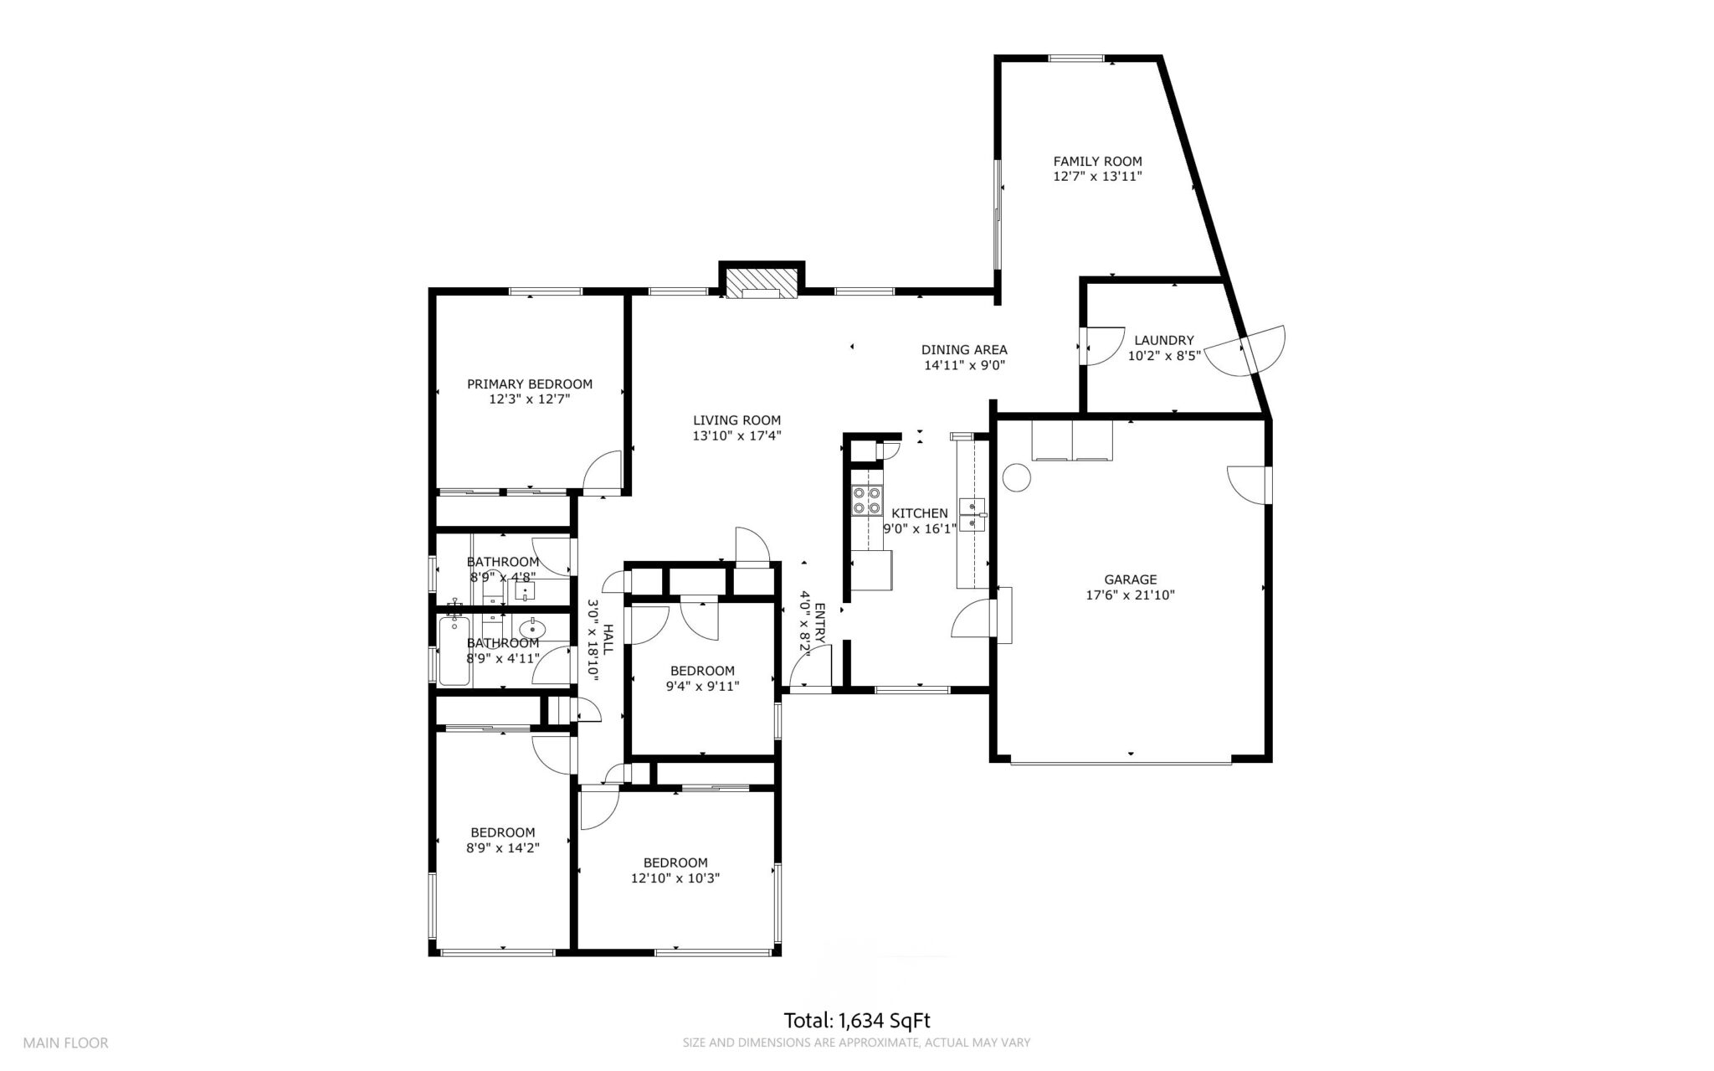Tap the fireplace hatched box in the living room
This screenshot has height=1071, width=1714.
click(761, 283)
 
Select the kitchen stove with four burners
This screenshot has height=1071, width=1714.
click(866, 500)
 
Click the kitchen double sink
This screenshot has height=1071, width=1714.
click(973, 514)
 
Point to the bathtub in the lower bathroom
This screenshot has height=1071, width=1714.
click(454, 650)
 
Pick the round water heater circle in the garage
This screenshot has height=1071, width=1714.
click(1016, 477)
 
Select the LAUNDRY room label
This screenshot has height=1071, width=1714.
click(1164, 341)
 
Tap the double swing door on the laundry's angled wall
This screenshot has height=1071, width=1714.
click(1246, 351)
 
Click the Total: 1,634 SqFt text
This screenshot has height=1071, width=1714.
click(857, 1021)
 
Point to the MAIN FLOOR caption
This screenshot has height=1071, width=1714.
click(65, 1043)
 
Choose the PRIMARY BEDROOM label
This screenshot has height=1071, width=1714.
click(530, 384)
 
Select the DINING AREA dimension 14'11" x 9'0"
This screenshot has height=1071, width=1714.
click(964, 365)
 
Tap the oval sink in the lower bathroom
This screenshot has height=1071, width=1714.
click(532, 628)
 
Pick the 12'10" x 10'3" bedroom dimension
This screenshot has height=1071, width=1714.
click(675, 878)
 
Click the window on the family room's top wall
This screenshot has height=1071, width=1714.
click(1076, 58)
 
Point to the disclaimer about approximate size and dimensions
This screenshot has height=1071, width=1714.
click(856, 1043)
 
